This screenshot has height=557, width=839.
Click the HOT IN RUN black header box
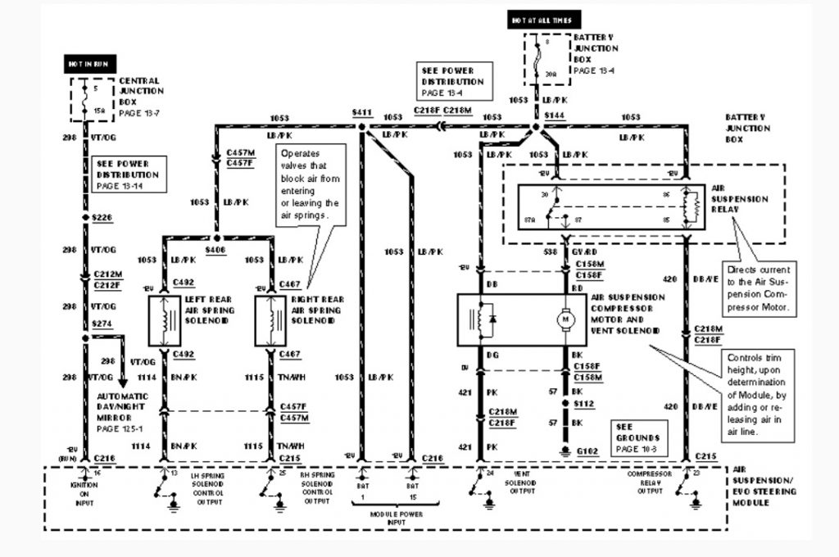(91, 62)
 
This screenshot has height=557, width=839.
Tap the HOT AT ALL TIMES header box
(545, 20)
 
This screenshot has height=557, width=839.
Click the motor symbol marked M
(565, 317)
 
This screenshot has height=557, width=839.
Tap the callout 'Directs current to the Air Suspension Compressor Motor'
(758, 288)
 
